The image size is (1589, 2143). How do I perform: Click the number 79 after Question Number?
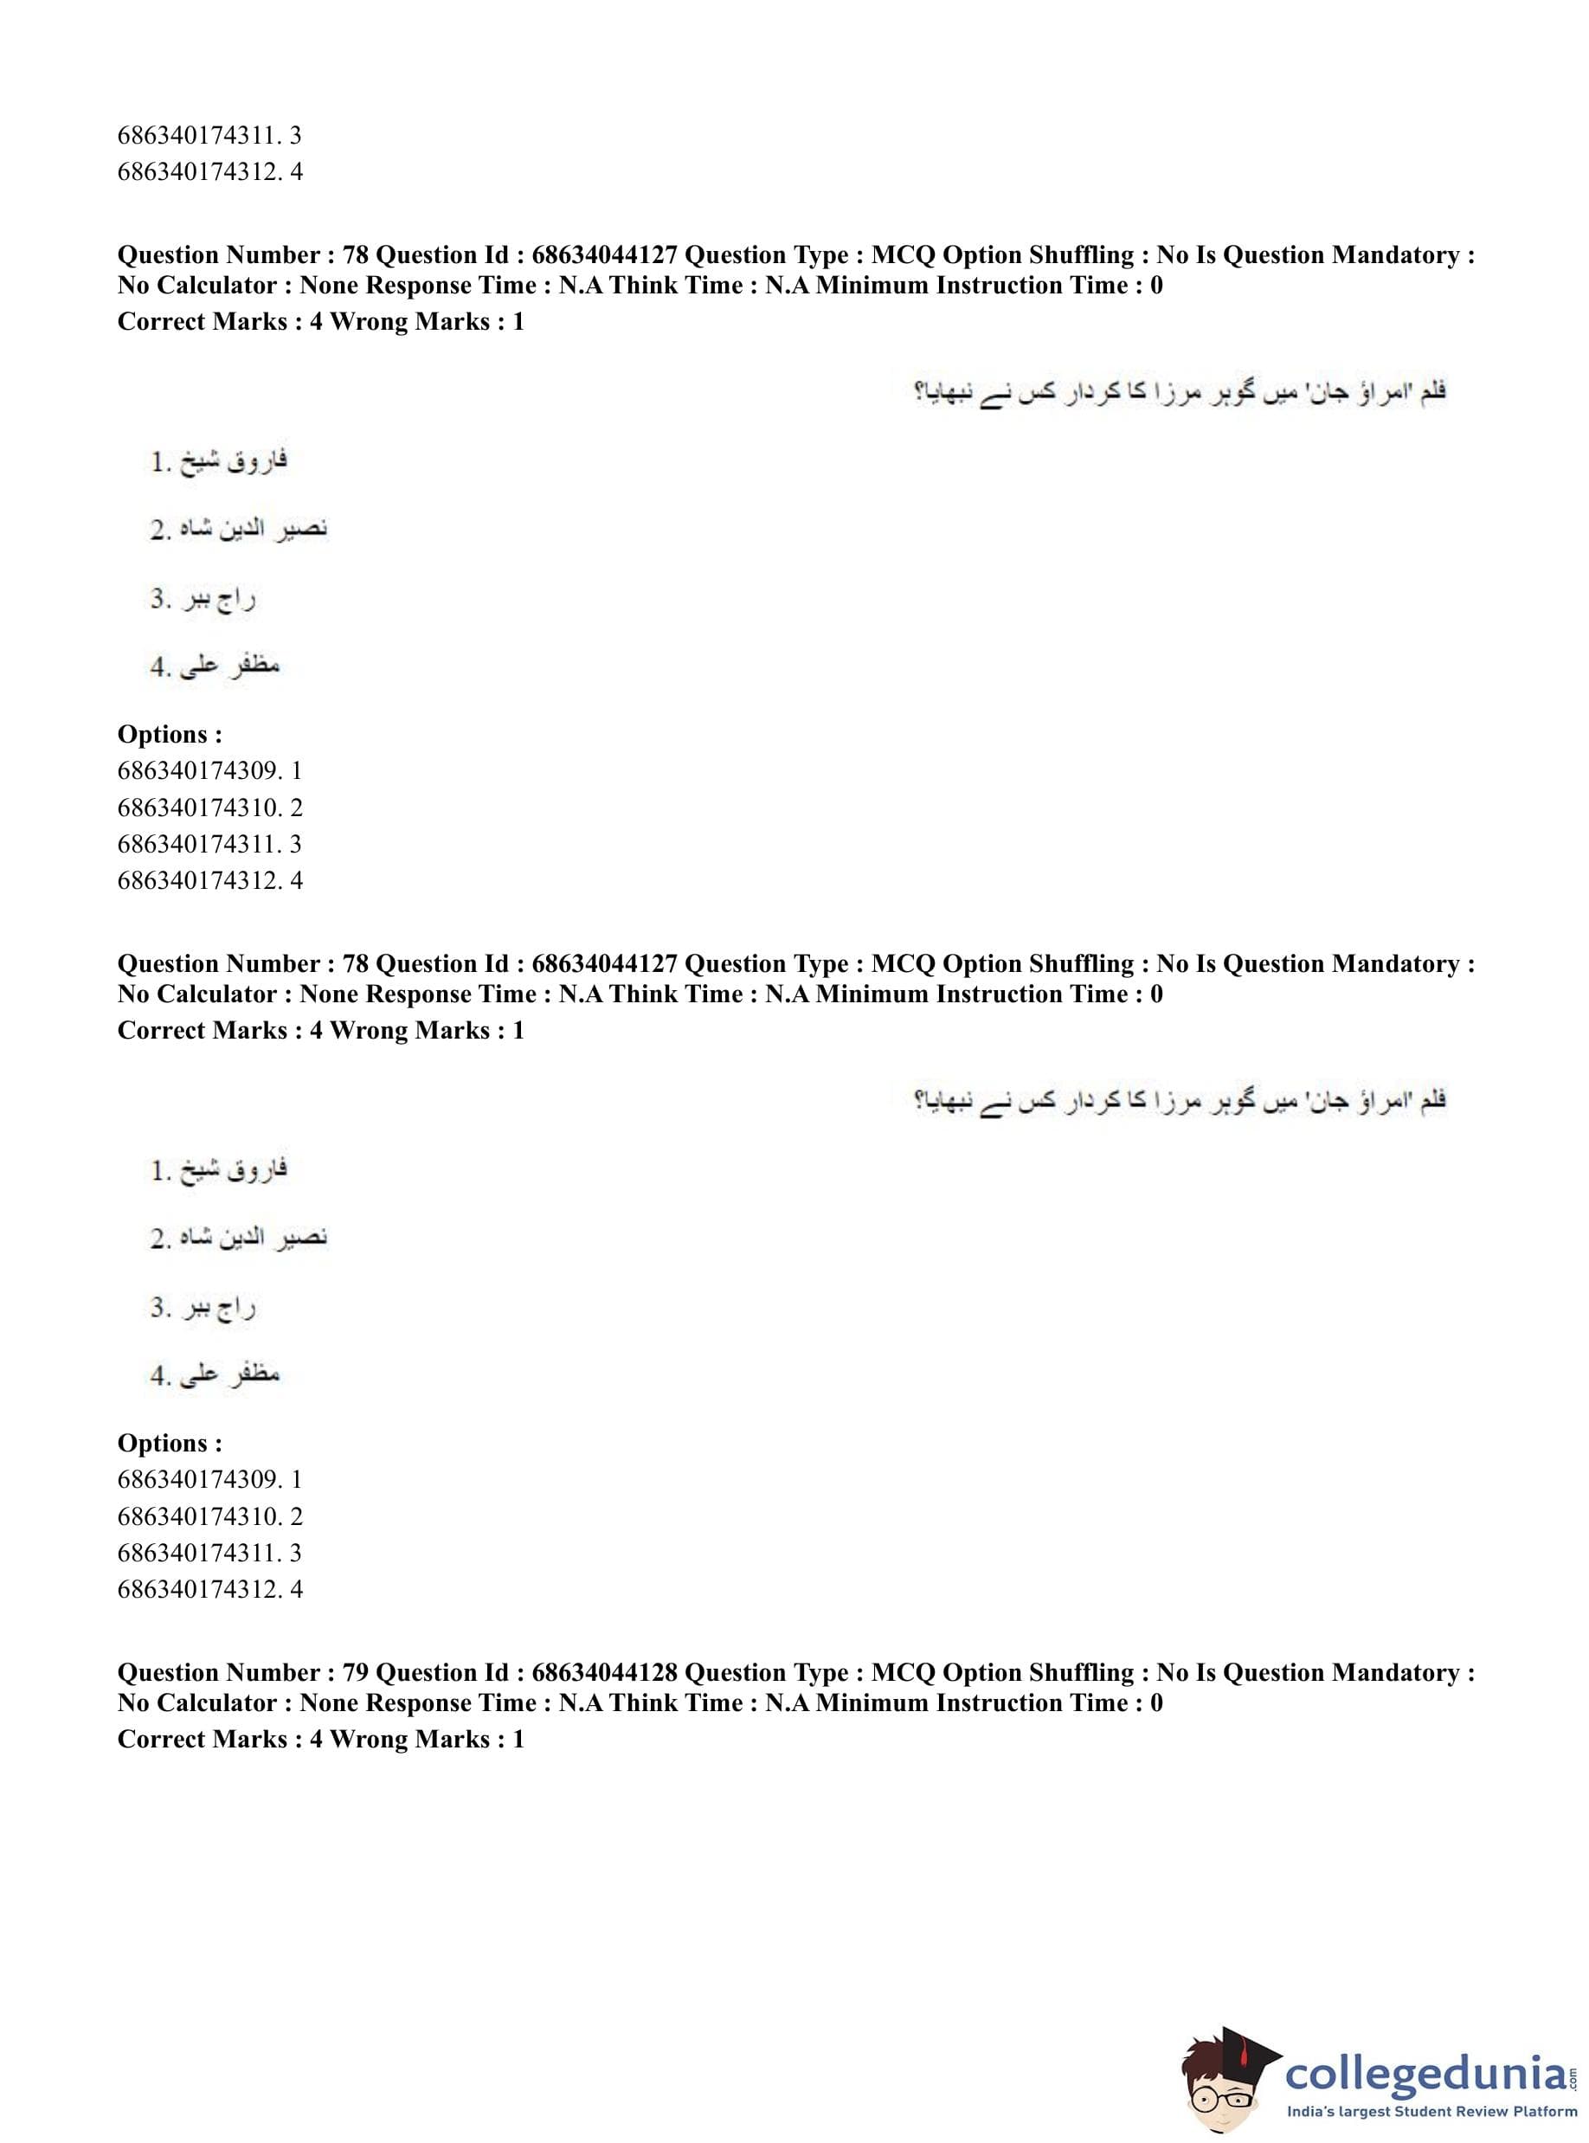pyautogui.click(x=354, y=1673)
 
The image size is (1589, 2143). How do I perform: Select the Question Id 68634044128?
pyautogui.click(x=604, y=1673)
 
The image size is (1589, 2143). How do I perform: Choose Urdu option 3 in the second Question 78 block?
pyautogui.click(x=203, y=1307)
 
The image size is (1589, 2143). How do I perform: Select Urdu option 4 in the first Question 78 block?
pyautogui.click(x=215, y=666)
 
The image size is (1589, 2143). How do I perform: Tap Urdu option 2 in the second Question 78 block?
pyautogui.click(x=239, y=1238)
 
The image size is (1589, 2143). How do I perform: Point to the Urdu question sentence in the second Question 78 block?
pyautogui.click(x=1180, y=1100)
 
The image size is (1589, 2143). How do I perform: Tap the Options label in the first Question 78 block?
pyautogui.click(x=170, y=735)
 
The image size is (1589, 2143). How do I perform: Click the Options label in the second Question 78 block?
pyautogui.click(x=170, y=1443)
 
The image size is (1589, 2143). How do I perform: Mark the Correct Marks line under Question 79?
pyautogui.click(x=320, y=1739)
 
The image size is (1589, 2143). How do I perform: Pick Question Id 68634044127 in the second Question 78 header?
pyautogui.click(x=604, y=964)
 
